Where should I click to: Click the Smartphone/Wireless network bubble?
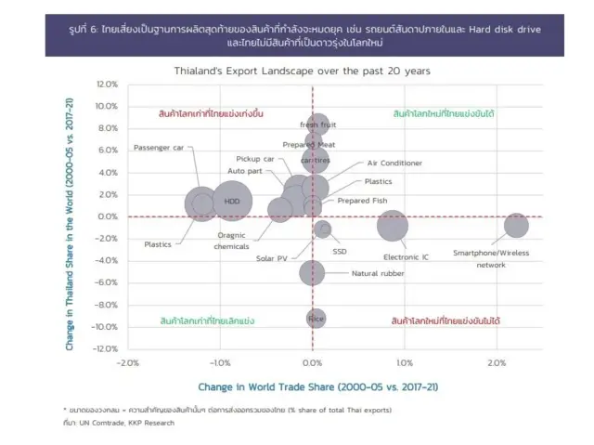pyautogui.click(x=516, y=225)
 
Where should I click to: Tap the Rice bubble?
pyautogui.click(x=316, y=319)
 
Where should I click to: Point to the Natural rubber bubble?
pyautogui.click(x=313, y=271)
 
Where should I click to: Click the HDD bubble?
pyautogui.click(x=232, y=201)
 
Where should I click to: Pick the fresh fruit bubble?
pyautogui.click(x=316, y=124)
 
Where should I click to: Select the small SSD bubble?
pyautogui.click(x=322, y=229)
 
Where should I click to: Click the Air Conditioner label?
pyautogui.click(x=394, y=163)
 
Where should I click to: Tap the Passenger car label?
pyautogui.click(x=159, y=148)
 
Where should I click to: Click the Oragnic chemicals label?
pyautogui.click(x=232, y=241)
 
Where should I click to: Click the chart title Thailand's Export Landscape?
pyautogui.click(x=302, y=71)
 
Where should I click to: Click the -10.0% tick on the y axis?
pyautogui.click(x=106, y=327)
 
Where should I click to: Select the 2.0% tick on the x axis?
pyautogui.click(x=496, y=362)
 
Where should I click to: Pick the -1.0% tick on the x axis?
pyautogui.click(x=219, y=362)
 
